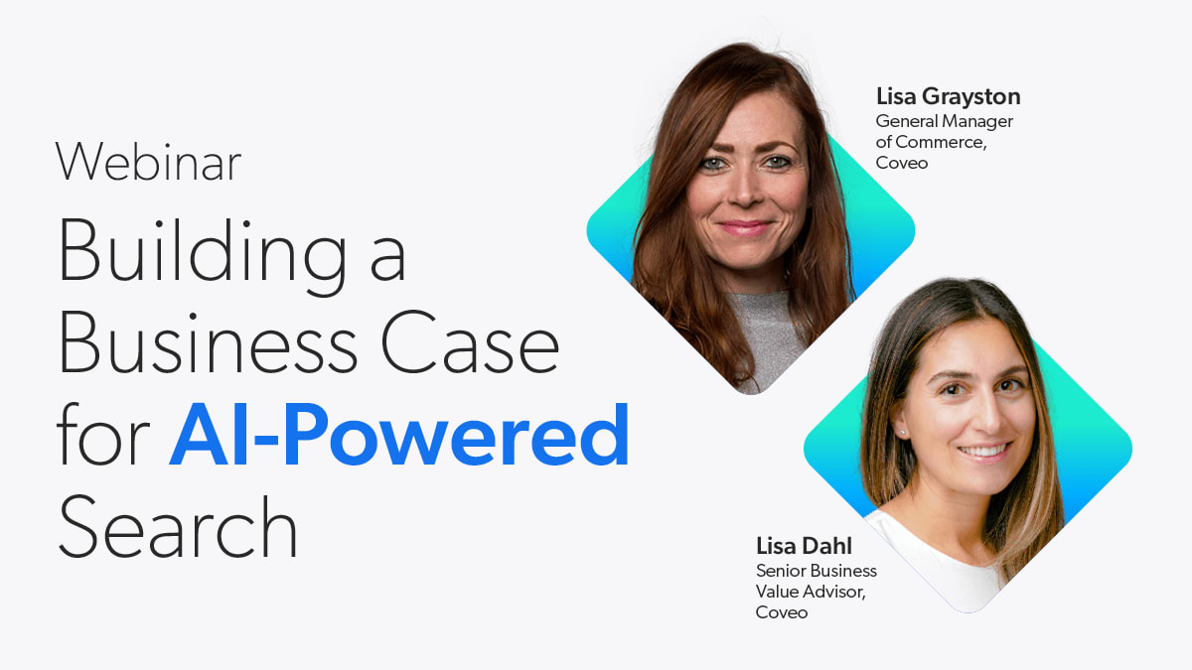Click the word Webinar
[x=148, y=162]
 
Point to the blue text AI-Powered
[x=399, y=435]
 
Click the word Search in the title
[x=178, y=526]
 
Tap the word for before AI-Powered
[x=102, y=435]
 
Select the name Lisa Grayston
[x=949, y=97]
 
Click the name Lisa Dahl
[x=804, y=546]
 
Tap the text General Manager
[x=944, y=122]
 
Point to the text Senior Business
[x=816, y=571]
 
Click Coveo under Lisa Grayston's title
[x=902, y=163]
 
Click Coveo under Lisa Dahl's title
[x=781, y=612]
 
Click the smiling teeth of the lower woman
[x=984, y=452]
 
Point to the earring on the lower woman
[x=902, y=433]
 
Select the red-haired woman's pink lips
[x=745, y=228]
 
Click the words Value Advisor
[x=811, y=592]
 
